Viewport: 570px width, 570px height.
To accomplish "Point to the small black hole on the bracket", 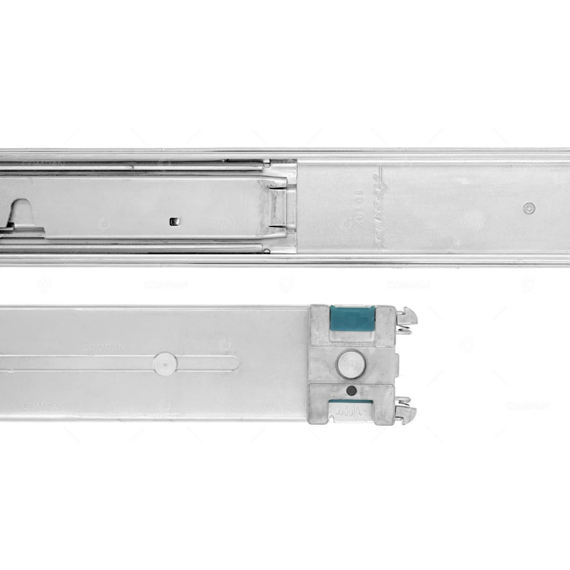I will tap(352, 390).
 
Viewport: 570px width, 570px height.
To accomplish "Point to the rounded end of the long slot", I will tap(234, 363).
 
